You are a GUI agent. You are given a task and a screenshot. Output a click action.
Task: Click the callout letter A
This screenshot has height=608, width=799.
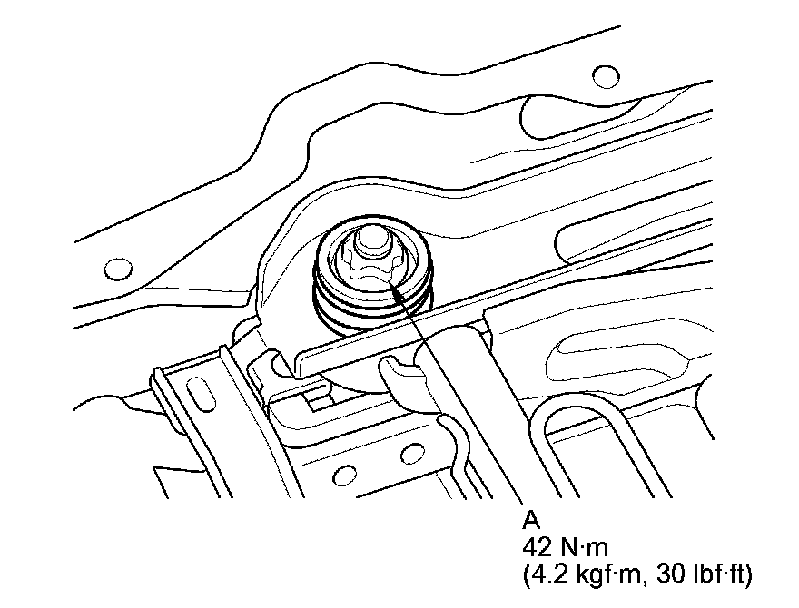pos(531,520)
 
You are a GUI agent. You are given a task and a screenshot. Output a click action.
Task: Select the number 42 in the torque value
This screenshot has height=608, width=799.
pos(538,548)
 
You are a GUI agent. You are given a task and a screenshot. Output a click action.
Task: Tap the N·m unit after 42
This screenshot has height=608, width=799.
pos(585,548)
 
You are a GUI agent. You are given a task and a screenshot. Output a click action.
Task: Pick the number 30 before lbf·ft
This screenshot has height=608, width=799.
pos(671,575)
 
